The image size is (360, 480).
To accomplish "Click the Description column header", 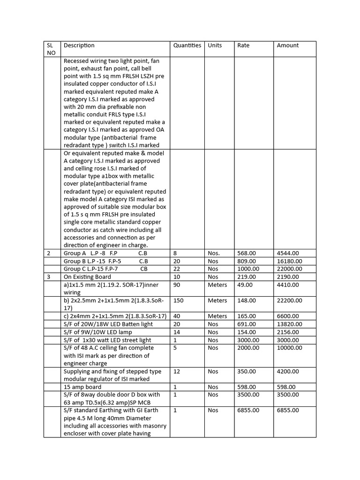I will click(x=79, y=45).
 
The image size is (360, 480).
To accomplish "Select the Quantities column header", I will click(x=187, y=45).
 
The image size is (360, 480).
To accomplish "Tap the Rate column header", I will click(x=243, y=45).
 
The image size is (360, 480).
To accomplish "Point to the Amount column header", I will click(x=287, y=45).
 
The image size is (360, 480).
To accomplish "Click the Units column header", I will click(x=215, y=45).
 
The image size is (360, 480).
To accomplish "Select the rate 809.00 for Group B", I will click(x=247, y=261).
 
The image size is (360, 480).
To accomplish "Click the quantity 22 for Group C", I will click(x=177, y=269).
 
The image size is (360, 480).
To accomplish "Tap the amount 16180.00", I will click(x=289, y=261).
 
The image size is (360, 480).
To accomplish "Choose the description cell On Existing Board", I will click(x=87, y=277).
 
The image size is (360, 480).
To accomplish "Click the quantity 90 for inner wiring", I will click(x=177, y=285).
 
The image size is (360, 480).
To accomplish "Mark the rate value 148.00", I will click(x=247, y=300).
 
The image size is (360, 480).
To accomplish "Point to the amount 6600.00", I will click(x=288, y=316).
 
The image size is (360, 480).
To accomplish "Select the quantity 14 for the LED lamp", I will click(x=177, y=332).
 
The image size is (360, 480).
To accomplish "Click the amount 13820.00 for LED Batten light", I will click(x=289, y=324).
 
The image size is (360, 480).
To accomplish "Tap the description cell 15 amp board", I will click(x=82, y=387).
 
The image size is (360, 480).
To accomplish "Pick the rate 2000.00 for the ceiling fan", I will click(x=248, y=348).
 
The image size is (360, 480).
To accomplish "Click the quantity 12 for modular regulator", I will click(x=177, y=371).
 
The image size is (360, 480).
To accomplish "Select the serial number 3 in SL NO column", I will click(x=48, y=277).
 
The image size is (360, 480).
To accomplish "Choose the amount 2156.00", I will click(x=288, y=332).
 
